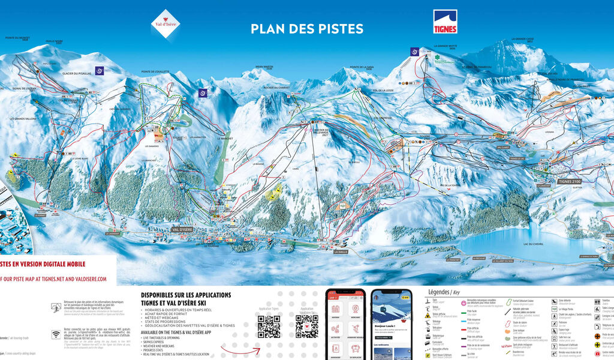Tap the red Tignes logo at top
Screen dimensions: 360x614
(x=446, y=22)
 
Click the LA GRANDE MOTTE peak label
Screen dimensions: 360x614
(x=445, y=45)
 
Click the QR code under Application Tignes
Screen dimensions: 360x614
(x=269, y=326)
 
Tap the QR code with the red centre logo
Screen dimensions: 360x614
(x=306, y=326)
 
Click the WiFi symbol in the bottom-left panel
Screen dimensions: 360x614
(x=56, y=334)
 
